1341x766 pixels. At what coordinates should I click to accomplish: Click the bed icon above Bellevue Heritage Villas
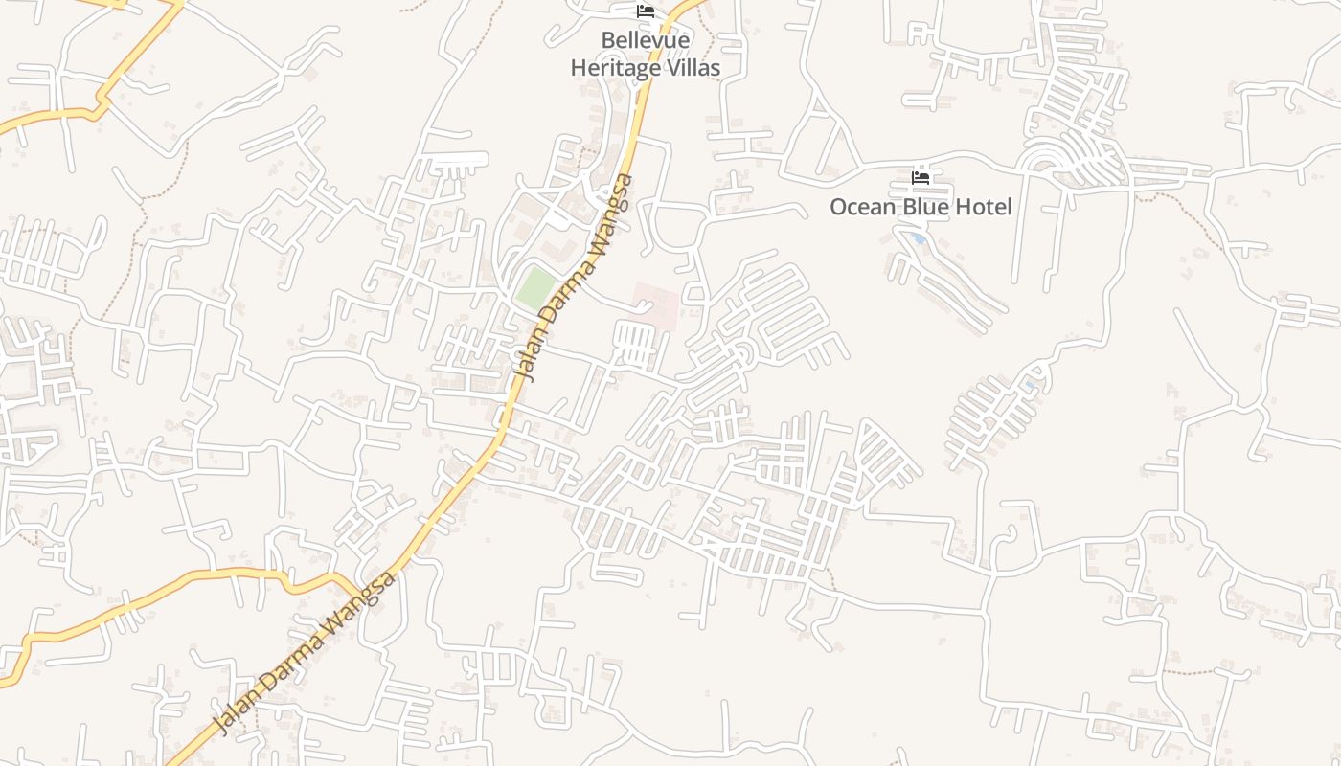click(x=646, y=11)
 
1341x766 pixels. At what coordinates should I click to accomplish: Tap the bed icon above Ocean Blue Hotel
click(x=921, y=178)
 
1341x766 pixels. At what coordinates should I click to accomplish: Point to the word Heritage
click(x=613, y=68)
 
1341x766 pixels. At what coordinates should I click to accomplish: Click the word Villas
click(x=690, y=68)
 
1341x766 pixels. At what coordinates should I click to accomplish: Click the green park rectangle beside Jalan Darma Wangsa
click(x=535, y=287)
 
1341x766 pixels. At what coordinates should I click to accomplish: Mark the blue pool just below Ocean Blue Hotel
click(x=918, y=238)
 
